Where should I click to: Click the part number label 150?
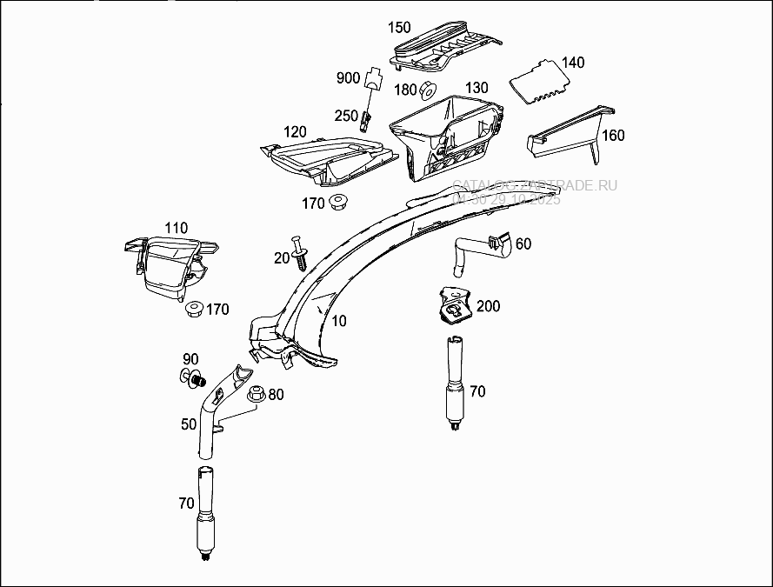pos(400,29)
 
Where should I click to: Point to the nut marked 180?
pos(428,90)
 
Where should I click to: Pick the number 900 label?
pos(348,78)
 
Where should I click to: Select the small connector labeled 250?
pos(368,116)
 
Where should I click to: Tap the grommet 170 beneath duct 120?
pos(337,203)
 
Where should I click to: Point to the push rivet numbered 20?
pos(302,251)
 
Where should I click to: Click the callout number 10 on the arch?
pos(339,321)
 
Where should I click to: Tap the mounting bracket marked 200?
pos(454,304)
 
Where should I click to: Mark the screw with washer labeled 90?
pos(194,378)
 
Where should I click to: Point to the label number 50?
pos(189,424)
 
